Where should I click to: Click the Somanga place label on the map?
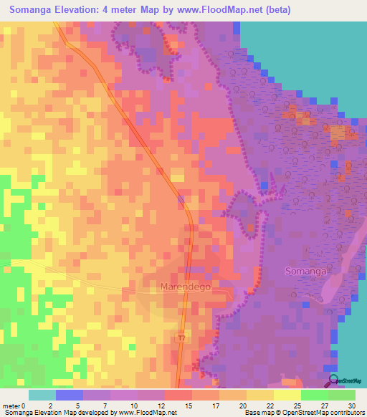tap(306, 272)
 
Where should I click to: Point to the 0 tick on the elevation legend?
tap(26, 406)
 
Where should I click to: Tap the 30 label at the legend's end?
tap(351, 406)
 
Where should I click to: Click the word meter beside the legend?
tap(12, 406)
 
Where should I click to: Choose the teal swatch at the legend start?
tap(42, 395)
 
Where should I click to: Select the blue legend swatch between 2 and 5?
tap(70, 395)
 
